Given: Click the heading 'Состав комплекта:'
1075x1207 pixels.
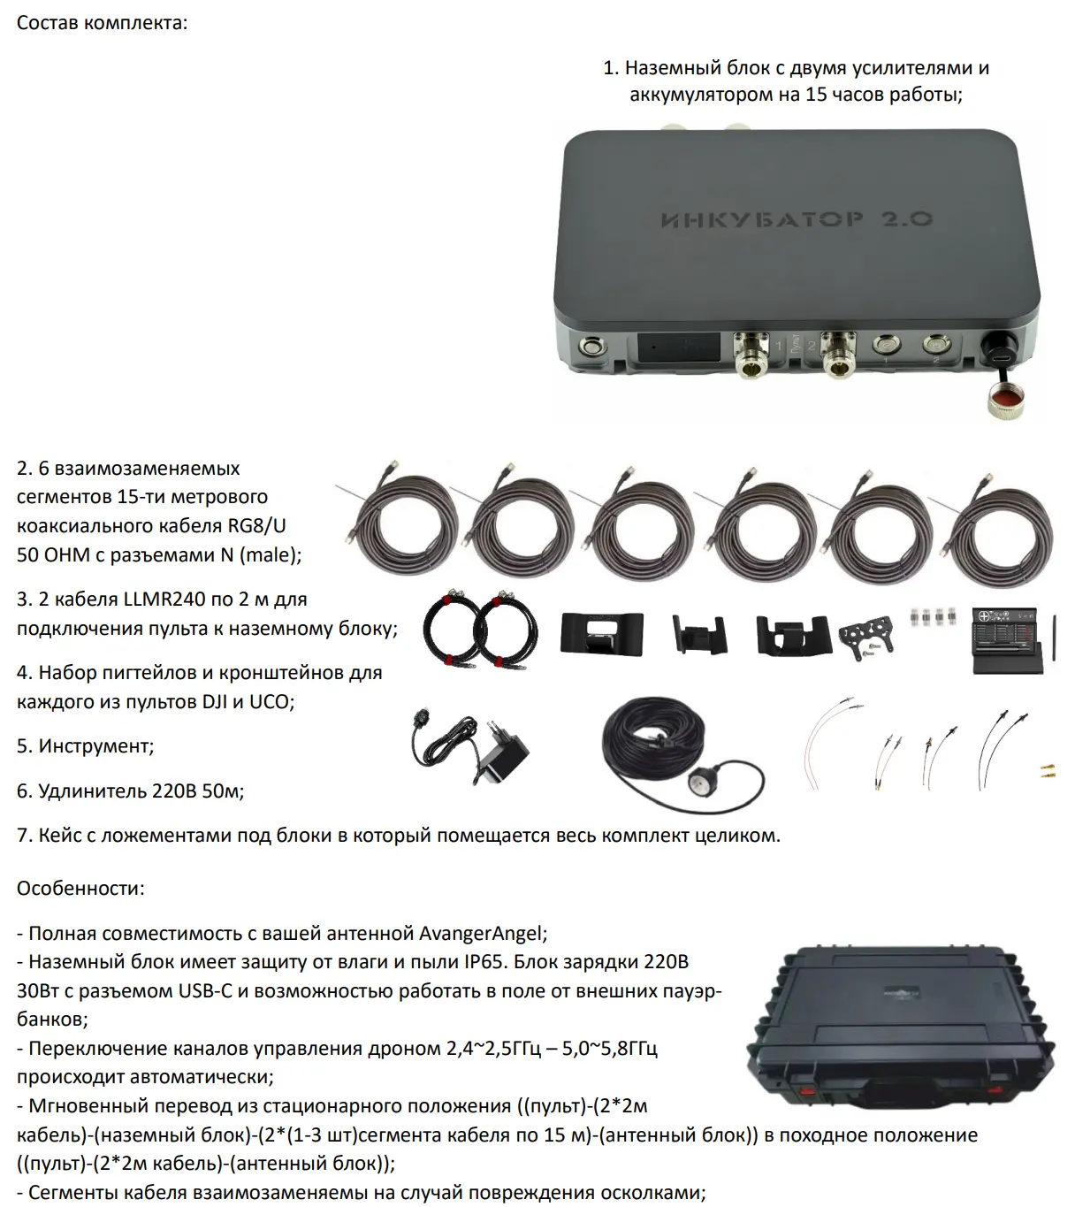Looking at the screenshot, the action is (102, 23).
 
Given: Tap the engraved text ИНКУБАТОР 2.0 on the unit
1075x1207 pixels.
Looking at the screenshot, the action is (796, 219).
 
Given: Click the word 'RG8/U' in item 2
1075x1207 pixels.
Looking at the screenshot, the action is (256, 525).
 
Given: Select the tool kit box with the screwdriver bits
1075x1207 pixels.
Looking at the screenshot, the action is (1007, 640).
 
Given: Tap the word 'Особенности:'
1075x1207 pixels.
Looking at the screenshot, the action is (80, 888).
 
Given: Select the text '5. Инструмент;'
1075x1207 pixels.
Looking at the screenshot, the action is (85, 746).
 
